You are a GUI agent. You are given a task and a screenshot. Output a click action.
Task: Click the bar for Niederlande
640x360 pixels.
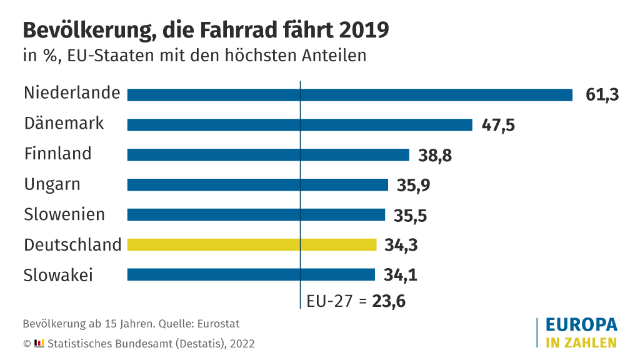[350, 94]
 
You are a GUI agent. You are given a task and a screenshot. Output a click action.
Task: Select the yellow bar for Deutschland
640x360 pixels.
[252, 244]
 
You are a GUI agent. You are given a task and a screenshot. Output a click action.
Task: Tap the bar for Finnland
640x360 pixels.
[268, 154]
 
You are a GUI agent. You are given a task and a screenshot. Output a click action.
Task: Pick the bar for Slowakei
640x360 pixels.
[251, 274]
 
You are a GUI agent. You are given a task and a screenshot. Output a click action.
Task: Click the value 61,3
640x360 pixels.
[602, 95]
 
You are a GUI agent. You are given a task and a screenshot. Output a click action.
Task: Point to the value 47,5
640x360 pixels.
[498, 125]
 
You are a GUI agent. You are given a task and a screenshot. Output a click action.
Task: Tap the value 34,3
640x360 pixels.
[401, 245]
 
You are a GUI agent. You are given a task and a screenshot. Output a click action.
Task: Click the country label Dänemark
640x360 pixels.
[64, 123]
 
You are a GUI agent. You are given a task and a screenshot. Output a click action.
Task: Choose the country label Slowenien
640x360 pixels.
[64, 214]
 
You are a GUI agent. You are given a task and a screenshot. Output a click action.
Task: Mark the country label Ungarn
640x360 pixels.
[52, 185]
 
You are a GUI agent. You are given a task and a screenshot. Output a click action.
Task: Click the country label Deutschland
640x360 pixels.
[72, 244]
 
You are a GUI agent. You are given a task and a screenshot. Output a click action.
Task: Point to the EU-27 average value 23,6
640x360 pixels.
[389, 301]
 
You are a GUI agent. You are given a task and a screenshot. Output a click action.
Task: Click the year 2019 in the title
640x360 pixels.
[364, 30]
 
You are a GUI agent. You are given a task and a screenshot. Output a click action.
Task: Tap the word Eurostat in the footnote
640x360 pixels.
[219, 324]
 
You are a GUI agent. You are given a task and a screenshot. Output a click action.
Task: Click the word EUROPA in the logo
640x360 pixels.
[581, 325]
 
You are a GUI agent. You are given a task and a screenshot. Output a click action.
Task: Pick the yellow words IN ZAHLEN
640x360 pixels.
[581, 342]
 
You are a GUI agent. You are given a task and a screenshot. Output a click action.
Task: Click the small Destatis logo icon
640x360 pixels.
[39, 343]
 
